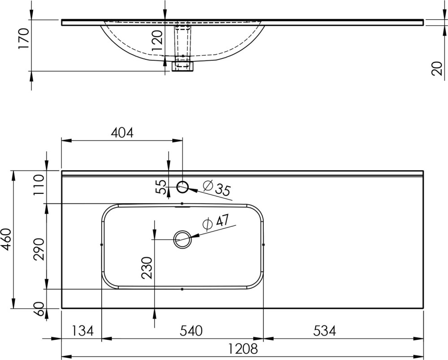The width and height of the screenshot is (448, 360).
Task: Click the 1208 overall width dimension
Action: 243,349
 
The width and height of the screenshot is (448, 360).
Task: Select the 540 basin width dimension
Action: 191,331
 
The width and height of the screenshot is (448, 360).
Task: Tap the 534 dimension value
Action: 325,331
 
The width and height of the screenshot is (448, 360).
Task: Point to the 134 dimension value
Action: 82,331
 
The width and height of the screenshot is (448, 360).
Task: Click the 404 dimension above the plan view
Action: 122,133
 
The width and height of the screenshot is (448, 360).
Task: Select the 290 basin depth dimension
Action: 39,249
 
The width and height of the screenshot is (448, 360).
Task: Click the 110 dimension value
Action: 39,185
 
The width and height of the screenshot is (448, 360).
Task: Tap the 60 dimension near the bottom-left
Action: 40,309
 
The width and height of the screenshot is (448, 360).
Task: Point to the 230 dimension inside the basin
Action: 148,268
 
